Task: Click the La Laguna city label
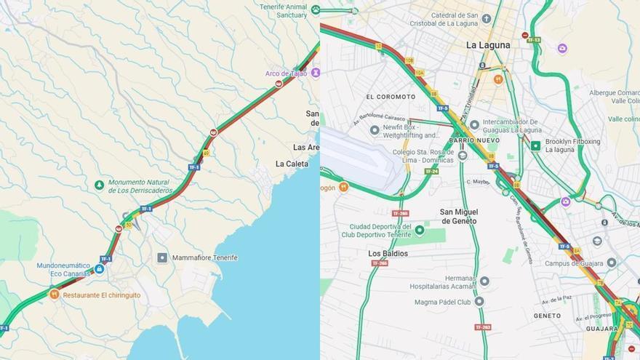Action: [488, 44]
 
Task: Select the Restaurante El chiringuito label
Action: [99, 295]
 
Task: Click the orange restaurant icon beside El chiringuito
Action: [54, 295]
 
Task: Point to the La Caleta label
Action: [292, 164]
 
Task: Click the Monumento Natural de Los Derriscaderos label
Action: [140, 186]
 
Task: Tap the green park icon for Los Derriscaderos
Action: [100, 185]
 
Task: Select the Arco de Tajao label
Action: [286, 73]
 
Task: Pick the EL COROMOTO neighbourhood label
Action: [391, 97]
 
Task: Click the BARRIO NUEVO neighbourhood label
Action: [473, 140]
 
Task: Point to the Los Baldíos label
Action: [388, 253]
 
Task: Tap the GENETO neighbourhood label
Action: [547, 316]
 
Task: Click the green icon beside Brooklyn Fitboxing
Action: [536, 145]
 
